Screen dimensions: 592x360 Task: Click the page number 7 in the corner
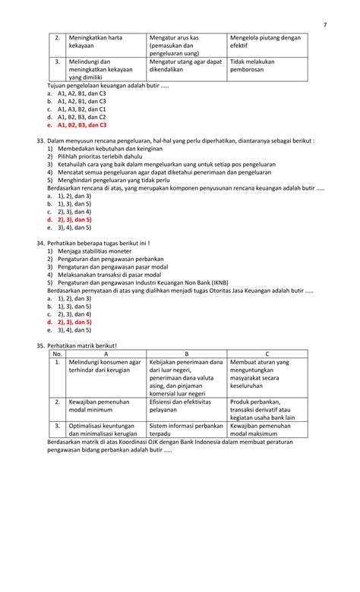point(324,24)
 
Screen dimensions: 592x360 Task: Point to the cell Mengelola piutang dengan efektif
point(265,42)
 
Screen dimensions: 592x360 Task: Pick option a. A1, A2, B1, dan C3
point(76,93)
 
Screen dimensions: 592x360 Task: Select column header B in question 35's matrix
point(186,354)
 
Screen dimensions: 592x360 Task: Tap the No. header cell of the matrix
point(56,354)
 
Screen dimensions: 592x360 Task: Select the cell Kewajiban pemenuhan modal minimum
point(99,406)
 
